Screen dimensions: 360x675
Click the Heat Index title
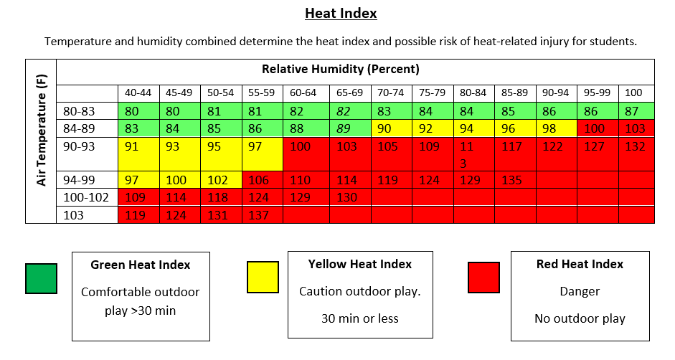[341, 14]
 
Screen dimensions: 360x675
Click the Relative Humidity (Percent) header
[340, 70]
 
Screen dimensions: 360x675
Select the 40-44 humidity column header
[138, 93]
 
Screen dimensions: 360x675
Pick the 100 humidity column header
[633, 93]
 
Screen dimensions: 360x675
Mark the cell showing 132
[635, 147]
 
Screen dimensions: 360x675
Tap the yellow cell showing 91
[132, 147]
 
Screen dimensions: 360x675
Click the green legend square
[42, 278]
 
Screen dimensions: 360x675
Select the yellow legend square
[263, 278]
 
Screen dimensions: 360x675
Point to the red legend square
[483, 278]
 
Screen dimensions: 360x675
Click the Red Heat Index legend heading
[580, 264]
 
